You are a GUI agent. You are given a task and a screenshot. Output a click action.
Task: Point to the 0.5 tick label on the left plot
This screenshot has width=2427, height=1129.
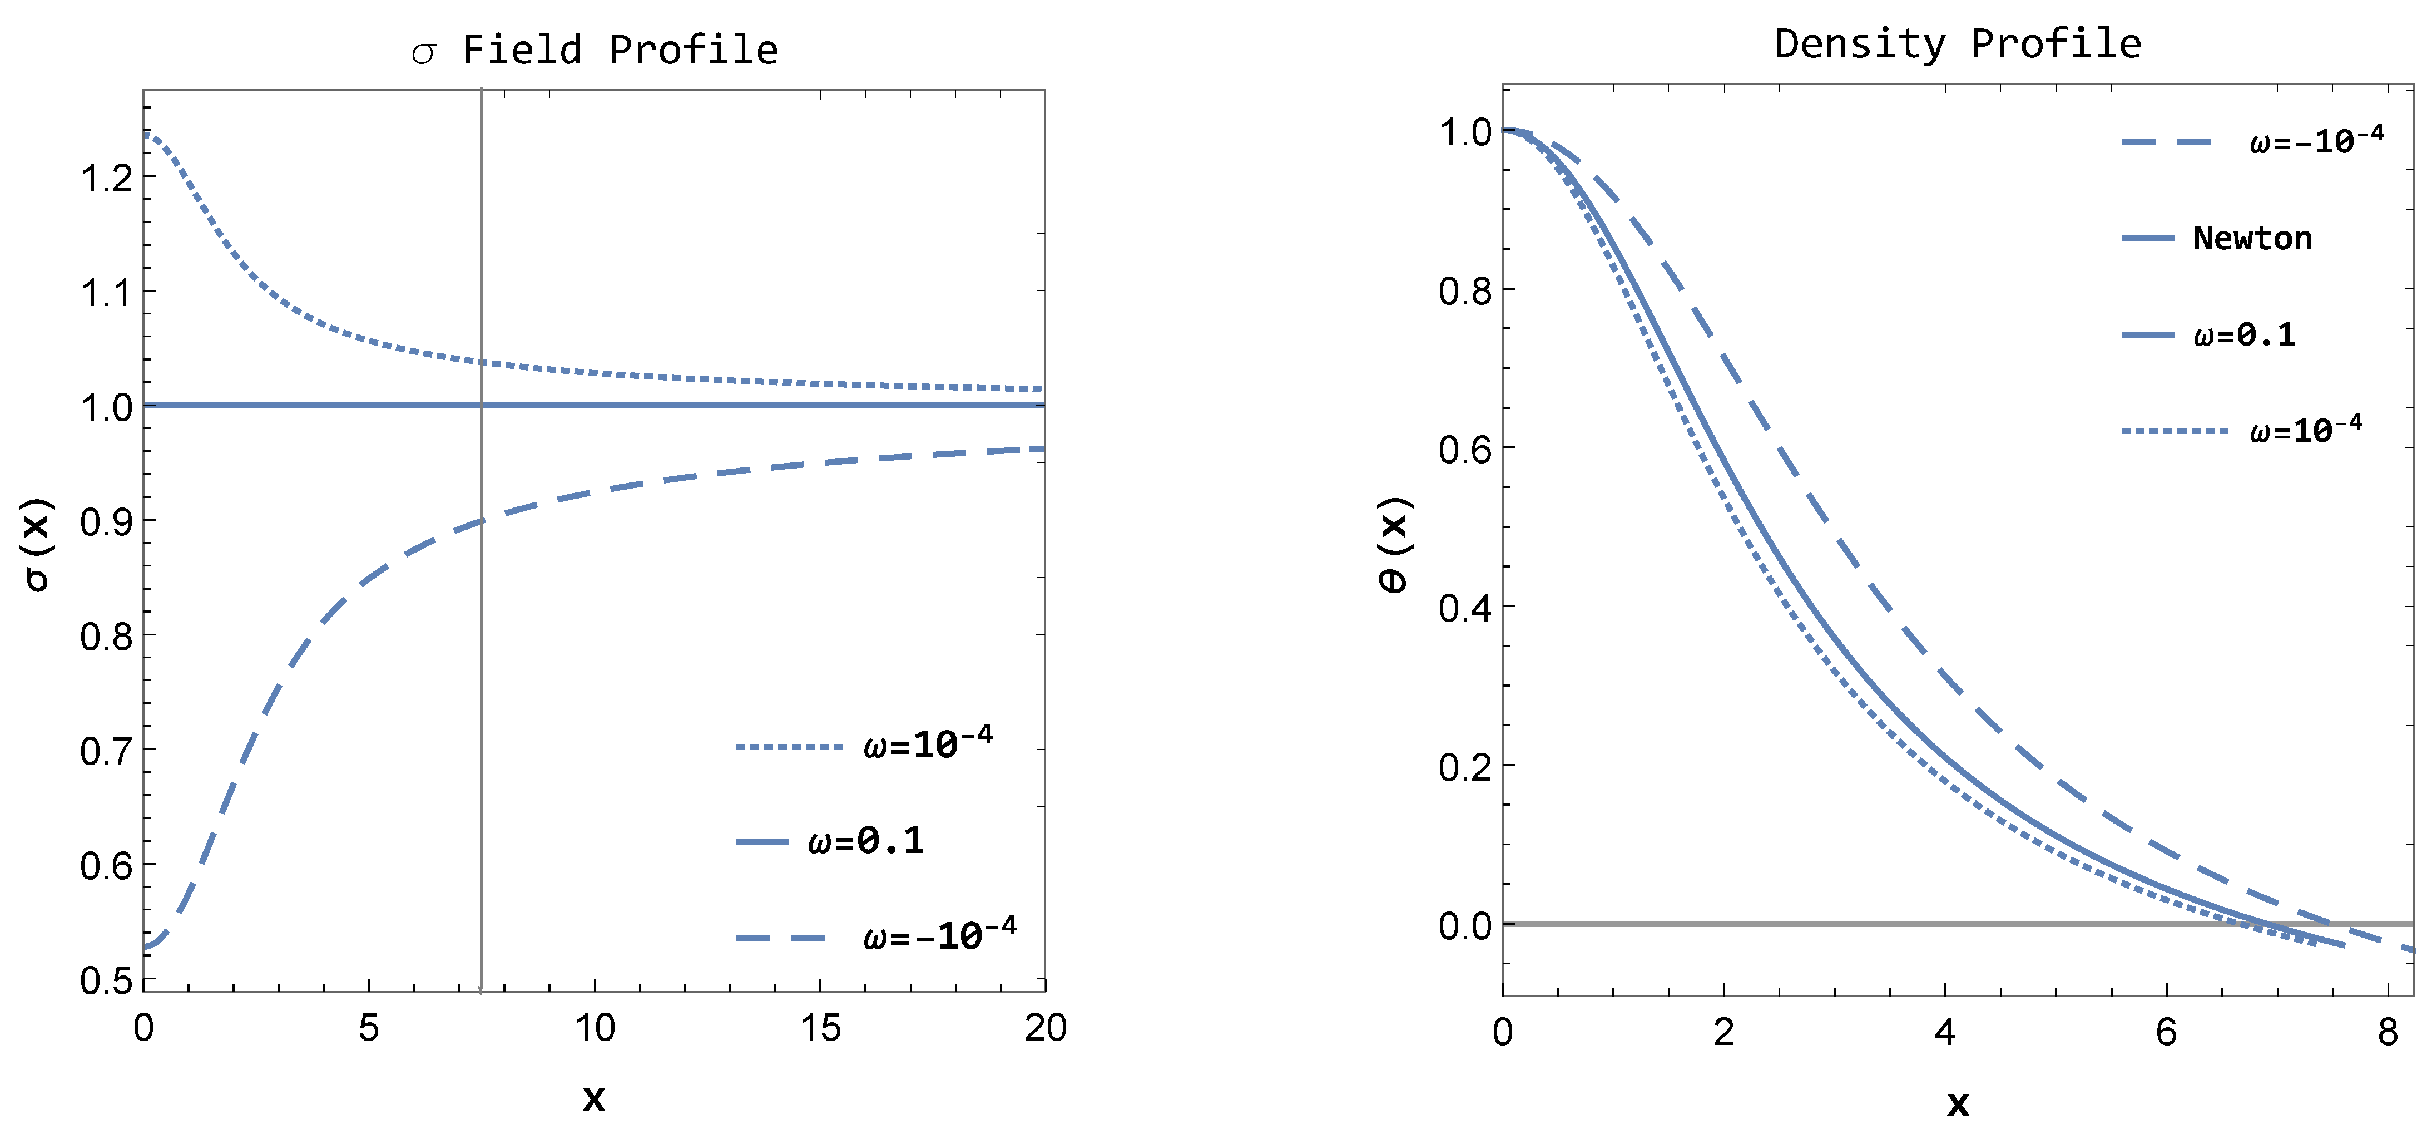pyautogui.click(x=106, y=981)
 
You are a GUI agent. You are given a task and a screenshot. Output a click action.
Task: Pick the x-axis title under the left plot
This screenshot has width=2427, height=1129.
pyautogui.click(x=593, y=1098)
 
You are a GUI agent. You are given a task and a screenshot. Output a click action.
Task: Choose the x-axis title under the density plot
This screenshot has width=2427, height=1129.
pyautogui.click(x=1958, y=1103)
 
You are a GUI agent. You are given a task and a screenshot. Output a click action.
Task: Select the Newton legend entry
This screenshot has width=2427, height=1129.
pyautogui.click(x=2252, y=238)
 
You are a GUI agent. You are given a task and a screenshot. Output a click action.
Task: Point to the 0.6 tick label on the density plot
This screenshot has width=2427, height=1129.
pyautogui.click(x=1465, y=450)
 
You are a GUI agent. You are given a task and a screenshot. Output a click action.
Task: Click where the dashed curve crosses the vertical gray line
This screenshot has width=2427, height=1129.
pyautogui.click(x=482, y=520)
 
